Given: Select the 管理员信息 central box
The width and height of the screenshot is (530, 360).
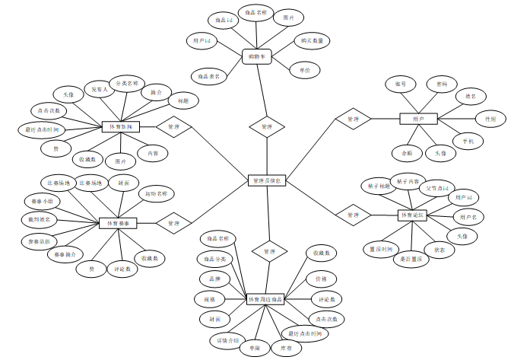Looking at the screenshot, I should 267,180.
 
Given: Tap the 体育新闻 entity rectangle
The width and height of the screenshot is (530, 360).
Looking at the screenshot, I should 122,126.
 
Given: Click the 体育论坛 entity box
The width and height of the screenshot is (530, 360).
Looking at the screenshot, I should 416,215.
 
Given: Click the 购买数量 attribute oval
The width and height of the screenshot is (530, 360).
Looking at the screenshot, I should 312,40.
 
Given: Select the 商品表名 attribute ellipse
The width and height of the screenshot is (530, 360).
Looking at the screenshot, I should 209,76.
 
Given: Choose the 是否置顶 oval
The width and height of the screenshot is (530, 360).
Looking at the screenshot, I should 416,259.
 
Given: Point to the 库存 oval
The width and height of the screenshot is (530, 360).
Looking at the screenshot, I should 287,347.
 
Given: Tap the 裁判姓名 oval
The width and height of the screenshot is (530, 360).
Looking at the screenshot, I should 37,219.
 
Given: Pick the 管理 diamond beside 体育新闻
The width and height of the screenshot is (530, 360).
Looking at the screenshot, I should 174,126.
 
